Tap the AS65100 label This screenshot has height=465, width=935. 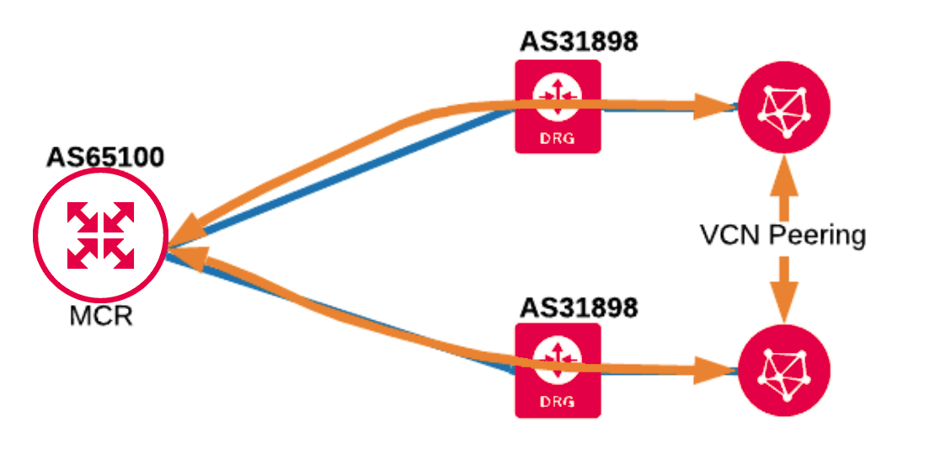tap(105, 158)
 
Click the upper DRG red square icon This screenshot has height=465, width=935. tap(558, 106)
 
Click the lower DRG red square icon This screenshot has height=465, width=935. tap(558, 371)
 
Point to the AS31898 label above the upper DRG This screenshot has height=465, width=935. tap(579, 41)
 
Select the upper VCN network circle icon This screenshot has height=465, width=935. tap(784, 107)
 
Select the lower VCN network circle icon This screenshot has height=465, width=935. tap(784, 371)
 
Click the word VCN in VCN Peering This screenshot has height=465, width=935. tap(729, 235)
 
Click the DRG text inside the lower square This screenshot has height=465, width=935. tap(558, 403)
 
